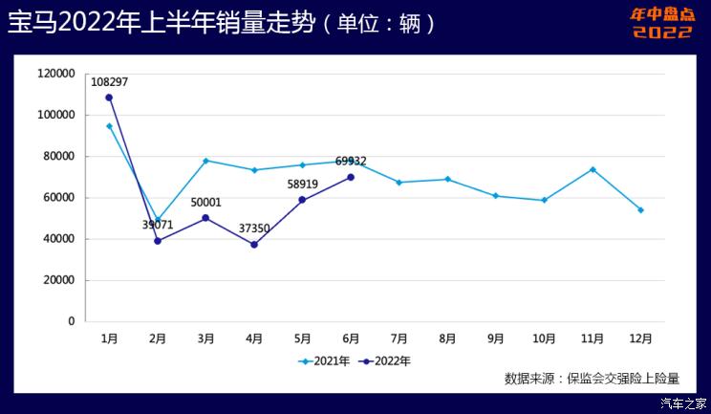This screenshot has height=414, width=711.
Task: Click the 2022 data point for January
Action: (x=109, y=98)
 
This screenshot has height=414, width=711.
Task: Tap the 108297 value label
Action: (x=109, y=82)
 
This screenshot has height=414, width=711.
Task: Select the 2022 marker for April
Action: (x=254, y=245)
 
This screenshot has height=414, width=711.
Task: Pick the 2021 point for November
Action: (x=592, y=169)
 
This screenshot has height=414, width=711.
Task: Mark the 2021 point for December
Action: (x=640, y=210)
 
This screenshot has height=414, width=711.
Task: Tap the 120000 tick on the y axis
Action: (x=56, y=74)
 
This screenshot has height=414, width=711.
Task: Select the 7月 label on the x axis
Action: (x=399, y=338)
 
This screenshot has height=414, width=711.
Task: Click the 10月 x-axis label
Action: (x=544, y=338)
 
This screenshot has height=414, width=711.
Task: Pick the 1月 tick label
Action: (x=109, y=338)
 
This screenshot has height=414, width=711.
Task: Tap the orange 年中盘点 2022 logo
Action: (x=662, y=24)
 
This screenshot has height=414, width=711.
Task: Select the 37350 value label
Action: (x=254, y=229)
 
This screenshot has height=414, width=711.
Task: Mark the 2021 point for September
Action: (x=496, y=196)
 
